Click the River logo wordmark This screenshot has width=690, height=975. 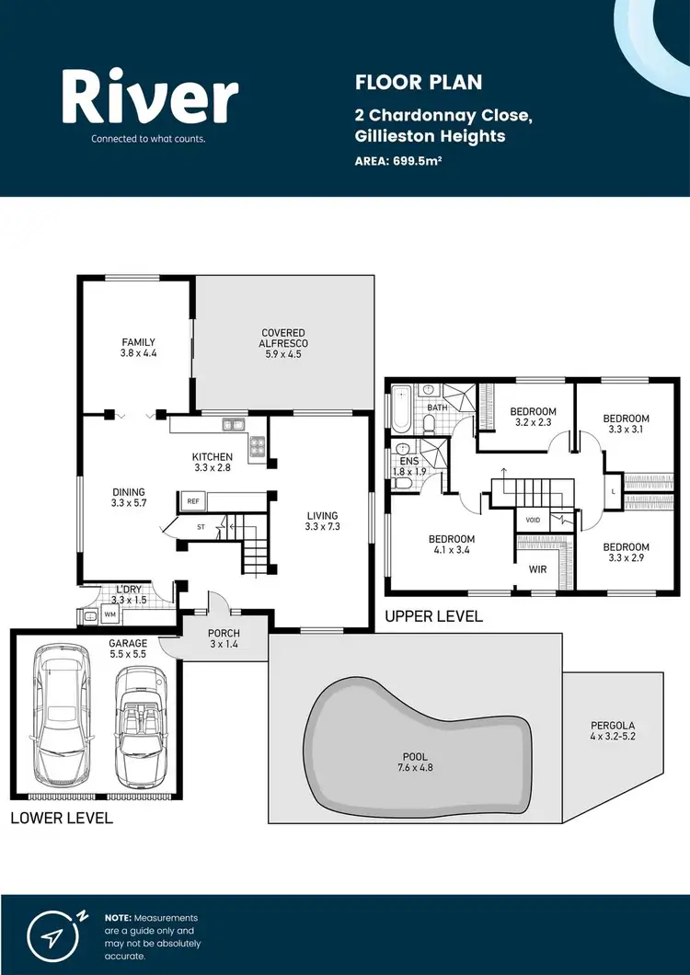click(x=150, y=99)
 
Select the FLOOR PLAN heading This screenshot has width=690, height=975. click(x=419, y=83)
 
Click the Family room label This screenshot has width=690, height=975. click(x=138, y=348)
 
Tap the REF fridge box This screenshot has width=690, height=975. click(x=193, y=501)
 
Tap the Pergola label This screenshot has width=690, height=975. click(x=613, y=730)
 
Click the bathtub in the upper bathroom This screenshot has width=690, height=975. click(x=400, y=409)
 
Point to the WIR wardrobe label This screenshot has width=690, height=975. click(x=538, y=569)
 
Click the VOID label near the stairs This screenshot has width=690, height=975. click(x=532, y=520)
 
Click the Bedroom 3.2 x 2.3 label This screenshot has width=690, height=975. click(x=534, y=417)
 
